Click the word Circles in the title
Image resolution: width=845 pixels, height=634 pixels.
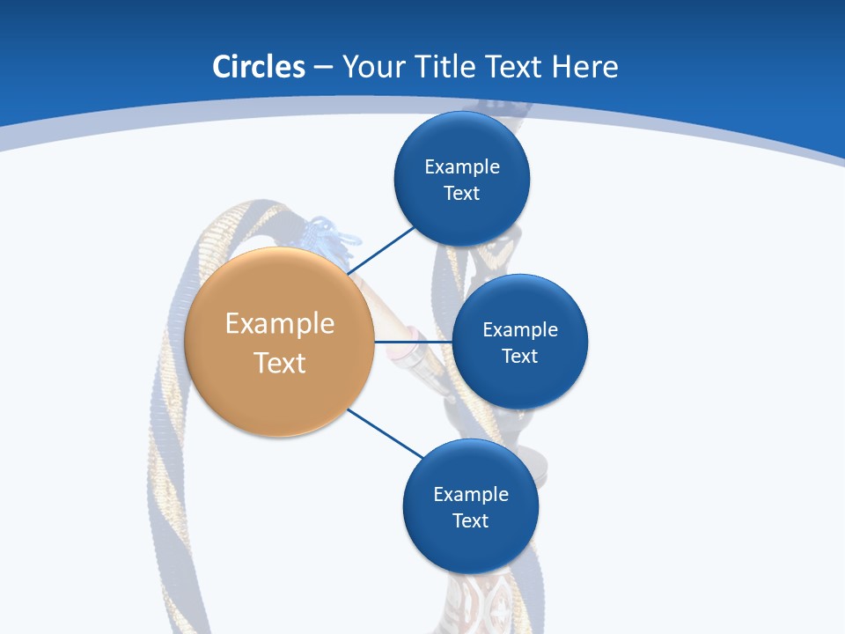point(258,67)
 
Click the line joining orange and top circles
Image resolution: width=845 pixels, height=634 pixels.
point(384,248)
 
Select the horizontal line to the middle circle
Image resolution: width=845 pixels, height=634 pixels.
point(413,342)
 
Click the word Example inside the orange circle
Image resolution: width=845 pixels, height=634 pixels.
point(279,323)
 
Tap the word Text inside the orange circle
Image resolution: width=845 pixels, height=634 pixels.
point(279,363)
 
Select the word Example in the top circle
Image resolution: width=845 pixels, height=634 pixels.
point(461,166)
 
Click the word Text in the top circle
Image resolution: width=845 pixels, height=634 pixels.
point(461,193)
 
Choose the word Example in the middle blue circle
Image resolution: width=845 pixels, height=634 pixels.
point(519,329)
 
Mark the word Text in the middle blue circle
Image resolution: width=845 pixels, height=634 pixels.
point(519,356)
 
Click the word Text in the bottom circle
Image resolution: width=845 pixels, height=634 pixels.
point(470,520)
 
